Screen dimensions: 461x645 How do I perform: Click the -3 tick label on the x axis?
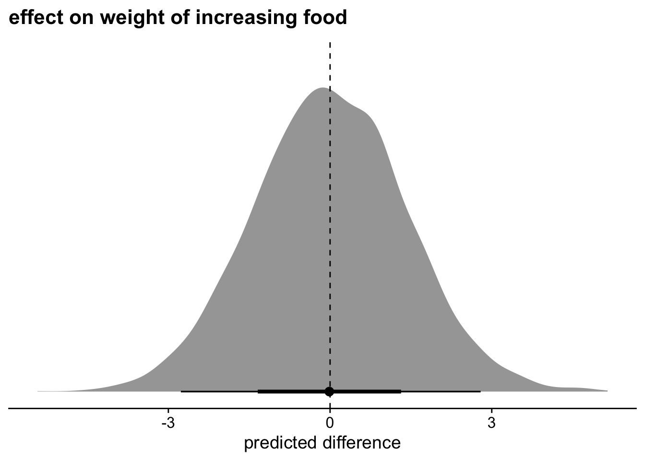point(167,423)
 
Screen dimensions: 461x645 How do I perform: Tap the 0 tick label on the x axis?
point(330,423)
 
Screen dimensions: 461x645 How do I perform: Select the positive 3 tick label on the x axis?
point(491,423)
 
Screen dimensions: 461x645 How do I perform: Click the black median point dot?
point(329,391)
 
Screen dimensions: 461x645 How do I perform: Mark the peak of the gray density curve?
point(322,88)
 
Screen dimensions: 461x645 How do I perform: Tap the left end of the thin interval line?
point(181,391)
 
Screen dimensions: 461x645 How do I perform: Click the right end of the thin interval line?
point(480,391)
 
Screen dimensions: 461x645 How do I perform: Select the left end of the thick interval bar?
point(258,391)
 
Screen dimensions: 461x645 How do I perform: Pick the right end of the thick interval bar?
point(401,391)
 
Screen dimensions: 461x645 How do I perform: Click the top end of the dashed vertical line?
point(330,43)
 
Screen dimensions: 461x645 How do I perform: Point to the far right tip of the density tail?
point(607,391)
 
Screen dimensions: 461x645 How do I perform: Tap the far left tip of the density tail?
point(38,391)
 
